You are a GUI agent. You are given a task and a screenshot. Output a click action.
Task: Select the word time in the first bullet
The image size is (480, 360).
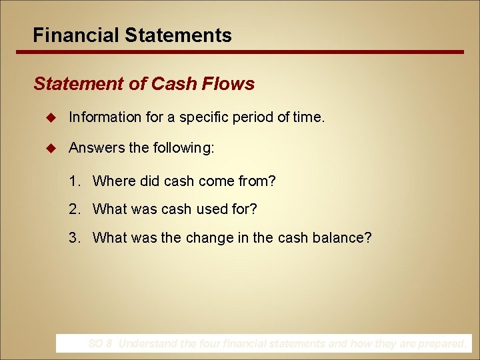(307, 117)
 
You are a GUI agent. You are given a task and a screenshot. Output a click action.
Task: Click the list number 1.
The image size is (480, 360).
(73, 181)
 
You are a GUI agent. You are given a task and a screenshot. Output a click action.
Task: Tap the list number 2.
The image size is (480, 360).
(73, 209)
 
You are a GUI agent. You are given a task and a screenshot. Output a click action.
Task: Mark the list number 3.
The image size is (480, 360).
(73, 237)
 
